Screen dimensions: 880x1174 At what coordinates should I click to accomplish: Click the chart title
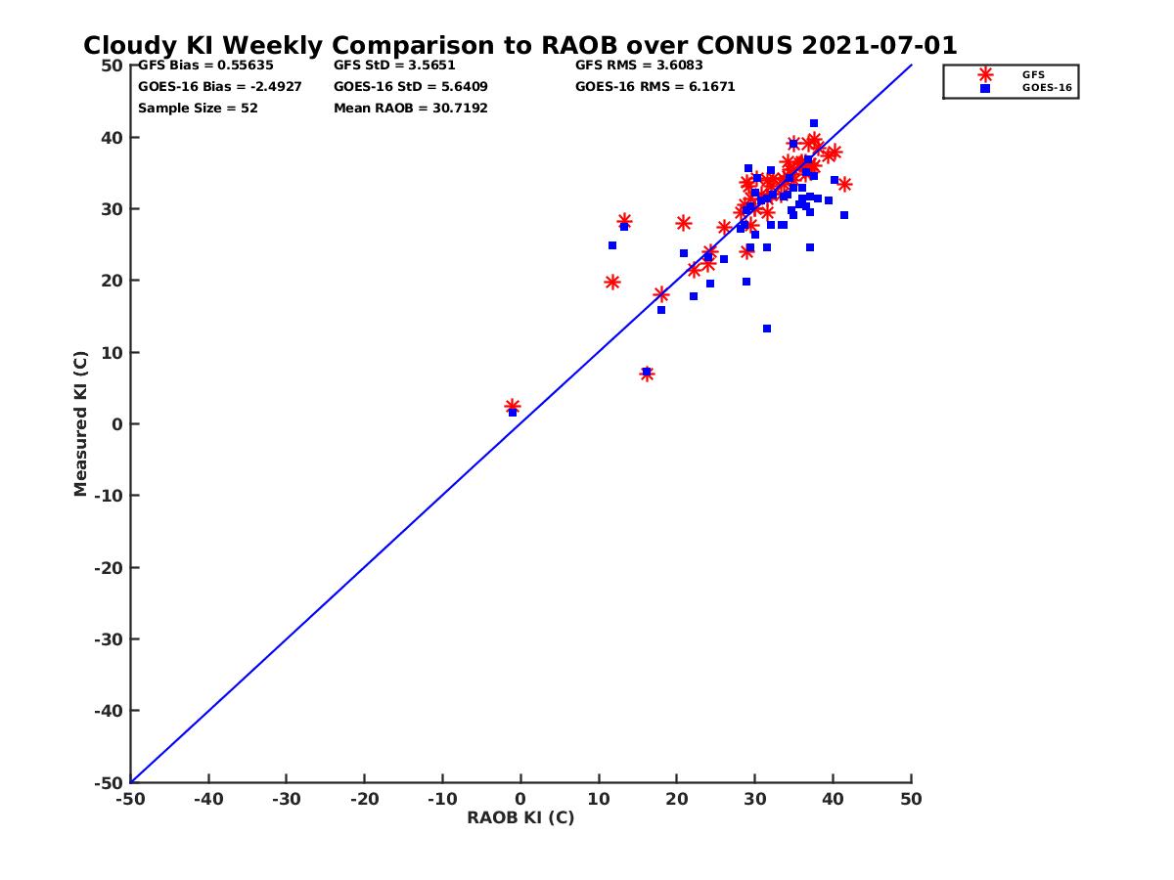(519, 45)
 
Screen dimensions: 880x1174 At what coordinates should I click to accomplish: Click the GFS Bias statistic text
(205, 66)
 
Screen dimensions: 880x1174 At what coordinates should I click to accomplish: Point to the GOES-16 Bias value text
(219, 86)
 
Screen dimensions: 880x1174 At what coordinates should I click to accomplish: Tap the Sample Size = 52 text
(198, 108)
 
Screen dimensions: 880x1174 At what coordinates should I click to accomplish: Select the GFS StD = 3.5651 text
(394, 66)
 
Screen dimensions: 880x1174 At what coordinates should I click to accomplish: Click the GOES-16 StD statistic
(410, 86)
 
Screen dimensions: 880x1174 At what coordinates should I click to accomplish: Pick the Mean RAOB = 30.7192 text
(410, 108)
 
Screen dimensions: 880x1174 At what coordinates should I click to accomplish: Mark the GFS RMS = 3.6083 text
(638, 66)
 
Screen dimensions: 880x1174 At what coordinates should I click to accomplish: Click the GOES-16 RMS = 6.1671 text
(655, 86)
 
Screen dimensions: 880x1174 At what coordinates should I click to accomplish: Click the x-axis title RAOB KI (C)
(519, 817)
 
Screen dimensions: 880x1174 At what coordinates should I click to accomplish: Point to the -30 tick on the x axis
(286, 799)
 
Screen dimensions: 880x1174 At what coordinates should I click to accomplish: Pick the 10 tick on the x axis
(598, 799)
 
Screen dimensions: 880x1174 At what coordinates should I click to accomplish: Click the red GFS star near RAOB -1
(513, 406)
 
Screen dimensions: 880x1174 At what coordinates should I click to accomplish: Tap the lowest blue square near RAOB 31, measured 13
(767, 329)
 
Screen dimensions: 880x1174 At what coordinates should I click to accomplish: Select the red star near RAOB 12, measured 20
(612, 283)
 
